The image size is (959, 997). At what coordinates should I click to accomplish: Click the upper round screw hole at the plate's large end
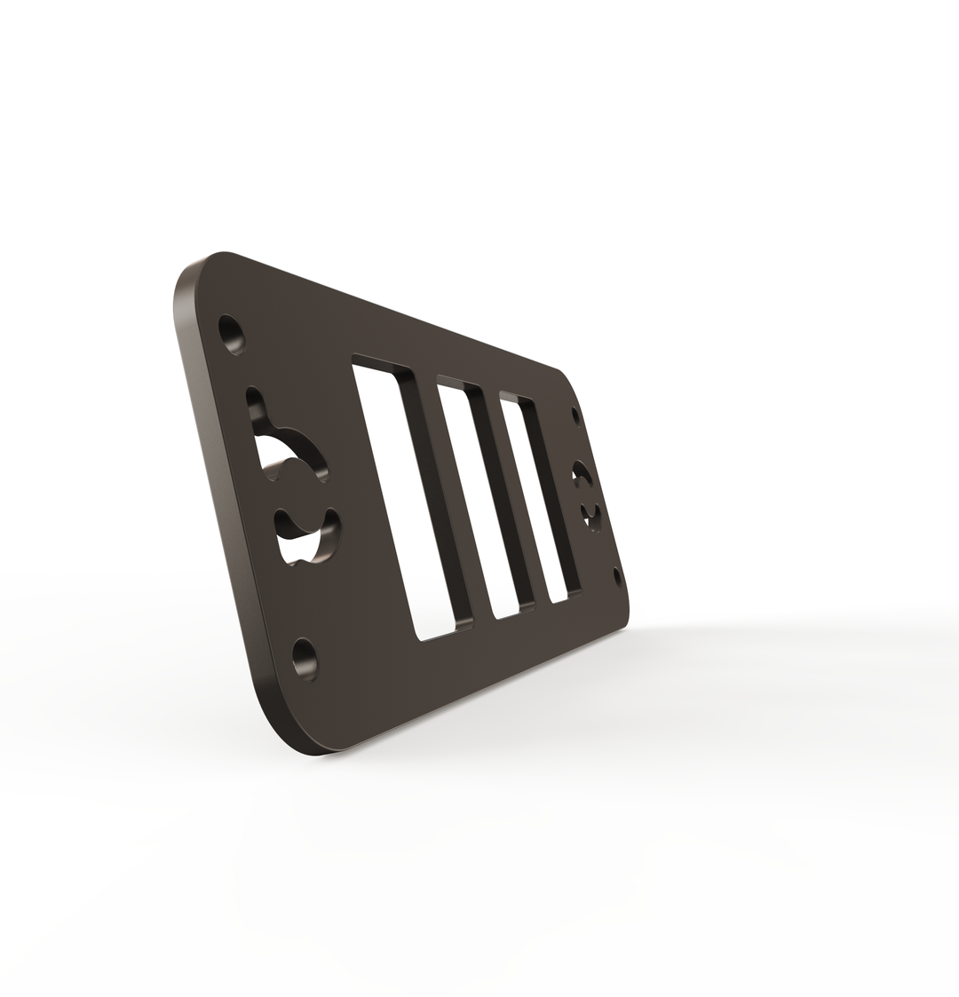pyautogui.click(x=232, y=335)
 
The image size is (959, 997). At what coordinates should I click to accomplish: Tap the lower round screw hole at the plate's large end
pyautogui.click(x=305, y=659)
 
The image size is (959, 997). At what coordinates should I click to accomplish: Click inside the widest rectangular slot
pyautogui.click(x=408, y=497)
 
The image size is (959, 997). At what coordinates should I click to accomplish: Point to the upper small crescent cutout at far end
pyautogui.click(x=582, y=475)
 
